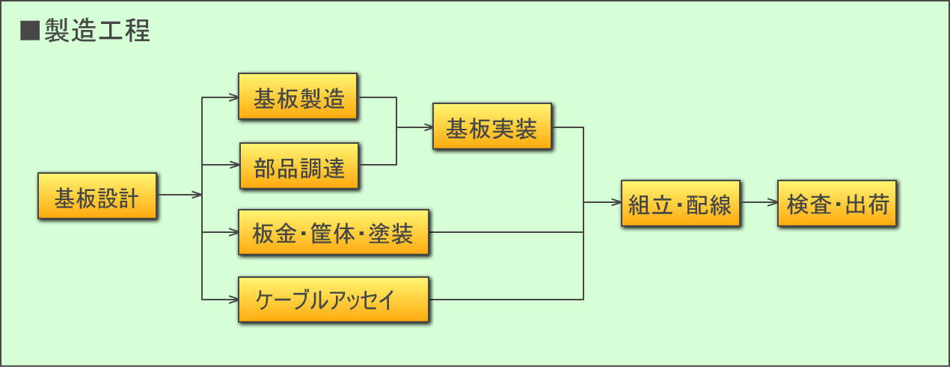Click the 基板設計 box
97,195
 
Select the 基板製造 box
298,97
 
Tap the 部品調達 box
299,166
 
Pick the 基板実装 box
492,126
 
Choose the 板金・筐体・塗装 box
334,232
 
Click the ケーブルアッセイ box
334,300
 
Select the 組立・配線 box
681,203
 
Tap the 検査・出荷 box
837,203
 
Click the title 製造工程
97,31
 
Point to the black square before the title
30,31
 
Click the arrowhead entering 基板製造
233,97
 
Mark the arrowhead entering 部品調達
235,165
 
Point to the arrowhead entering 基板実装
429,127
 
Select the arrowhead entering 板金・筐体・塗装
233,232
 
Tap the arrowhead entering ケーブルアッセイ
233,300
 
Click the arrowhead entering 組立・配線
616,202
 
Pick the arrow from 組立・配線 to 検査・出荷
759,202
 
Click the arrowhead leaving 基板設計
197,195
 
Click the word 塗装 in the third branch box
390,233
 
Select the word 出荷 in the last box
867,204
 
